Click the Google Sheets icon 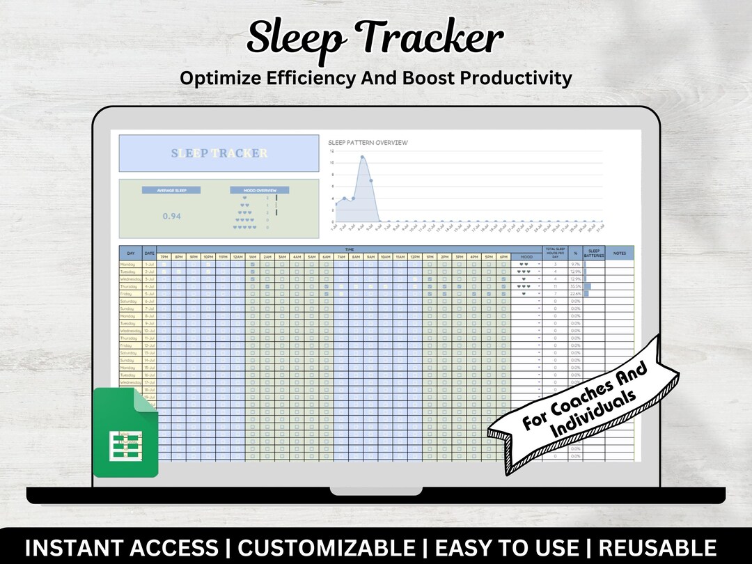(x=125, y=432)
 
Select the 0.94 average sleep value (x=172, y=216)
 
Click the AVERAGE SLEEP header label (x=171, y=190)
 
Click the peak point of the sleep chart (x=362, y=157)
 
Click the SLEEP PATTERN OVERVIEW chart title (x=368, y=143)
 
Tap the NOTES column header (x=619, y=253)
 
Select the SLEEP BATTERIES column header (x=594, y=253)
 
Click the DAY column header (x=131, y=253)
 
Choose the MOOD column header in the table (x=526, y=257)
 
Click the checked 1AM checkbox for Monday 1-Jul (x=252, y=265)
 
